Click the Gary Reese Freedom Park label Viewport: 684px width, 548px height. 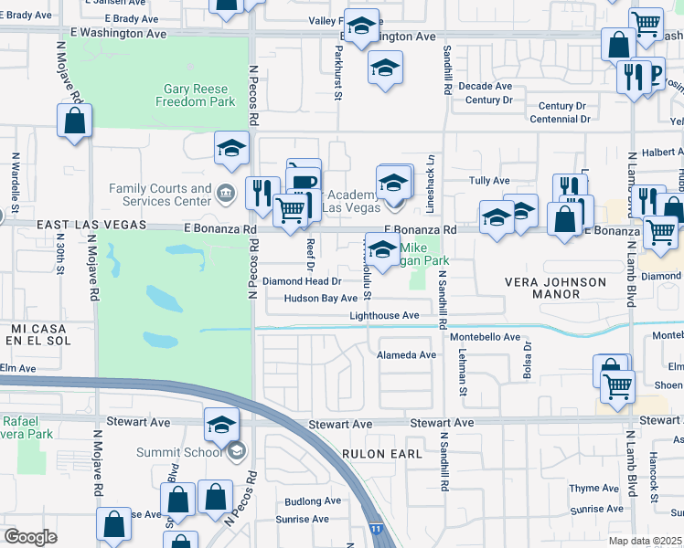[200, 96]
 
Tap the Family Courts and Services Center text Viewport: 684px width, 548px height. [160, 195]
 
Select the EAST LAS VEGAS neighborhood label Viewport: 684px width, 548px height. [91, 225]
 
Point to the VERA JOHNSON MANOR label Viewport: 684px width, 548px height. [555, 288]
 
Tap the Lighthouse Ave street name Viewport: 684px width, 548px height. [384, 316]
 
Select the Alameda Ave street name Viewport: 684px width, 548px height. [407, 354]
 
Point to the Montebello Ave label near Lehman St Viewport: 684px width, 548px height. [485, 337]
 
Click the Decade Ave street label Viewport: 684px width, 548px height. [486, 86]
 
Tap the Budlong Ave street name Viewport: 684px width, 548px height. [313, 501]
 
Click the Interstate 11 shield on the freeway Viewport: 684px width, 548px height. [377, 528]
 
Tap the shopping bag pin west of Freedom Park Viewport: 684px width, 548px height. [74, 121]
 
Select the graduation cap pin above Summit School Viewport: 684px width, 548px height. [221, 424]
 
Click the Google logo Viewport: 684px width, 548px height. [30, 537]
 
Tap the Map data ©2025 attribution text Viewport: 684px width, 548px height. [645, 542]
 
